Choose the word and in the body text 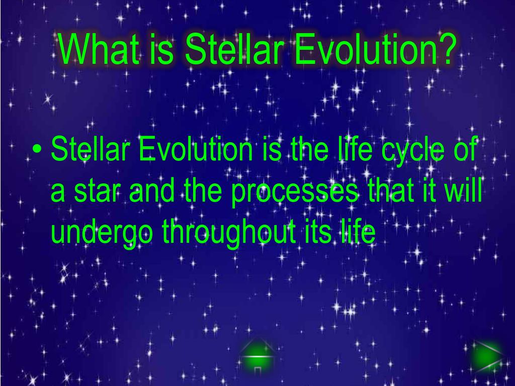coord(151,190)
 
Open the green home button coord(257,356)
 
